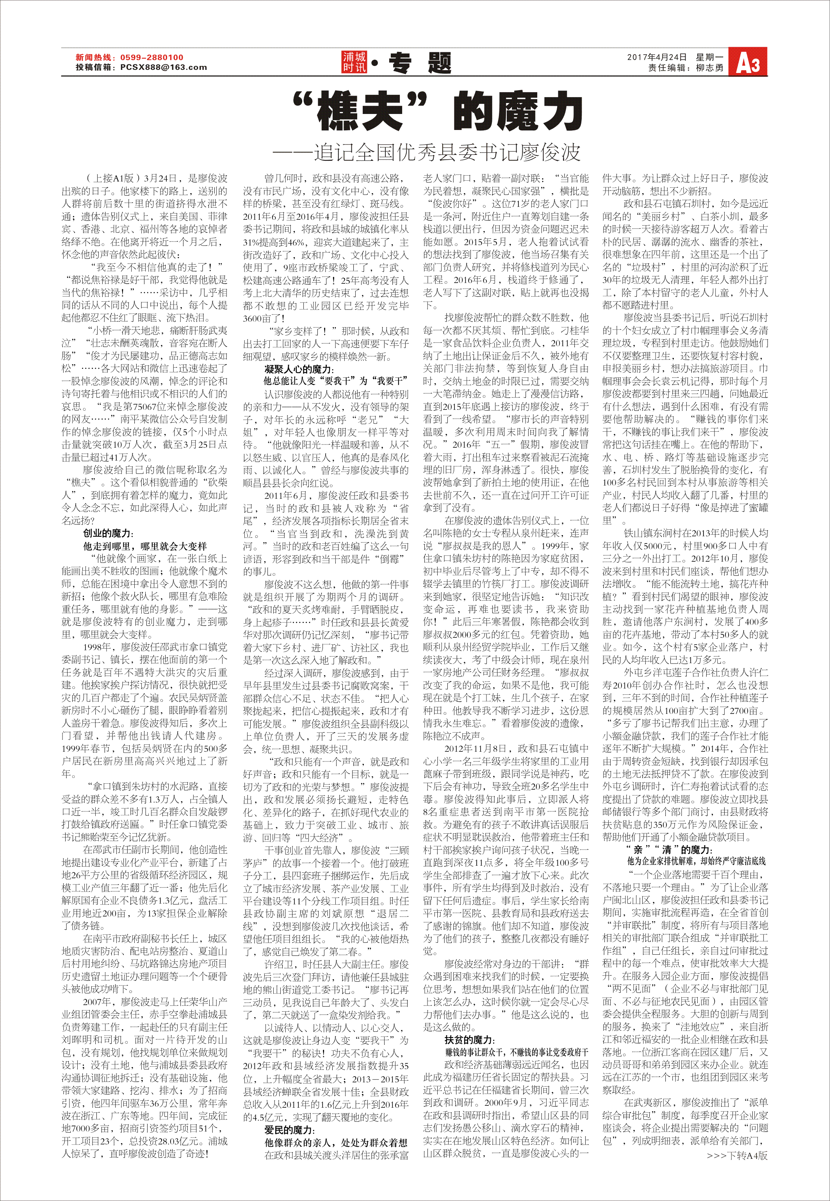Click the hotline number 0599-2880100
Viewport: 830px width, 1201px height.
pyautogui.click(x=152, y=58)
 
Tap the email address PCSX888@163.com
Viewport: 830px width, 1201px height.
pyautogui.click(x=163, y=67)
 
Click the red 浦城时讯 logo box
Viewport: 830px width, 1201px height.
pyautogui.click(x=354, y=62)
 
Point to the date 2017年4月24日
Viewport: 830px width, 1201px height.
pyautogui.click(x=657, y=57)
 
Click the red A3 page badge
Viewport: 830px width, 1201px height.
pyautogui.click(x=747, y=62)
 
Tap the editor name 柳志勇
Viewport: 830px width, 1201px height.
pyautogui.click(x=709, y=68)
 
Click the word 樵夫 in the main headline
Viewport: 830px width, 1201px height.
pyautogui.click(x=359, y=111)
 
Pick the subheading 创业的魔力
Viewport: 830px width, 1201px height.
pyautogui.click(x=108, y=534)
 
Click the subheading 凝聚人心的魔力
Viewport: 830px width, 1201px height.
pyautogui.click(x=299, y=369)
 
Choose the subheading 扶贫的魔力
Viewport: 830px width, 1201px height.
pyautogui.click(x=468, y=1039)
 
